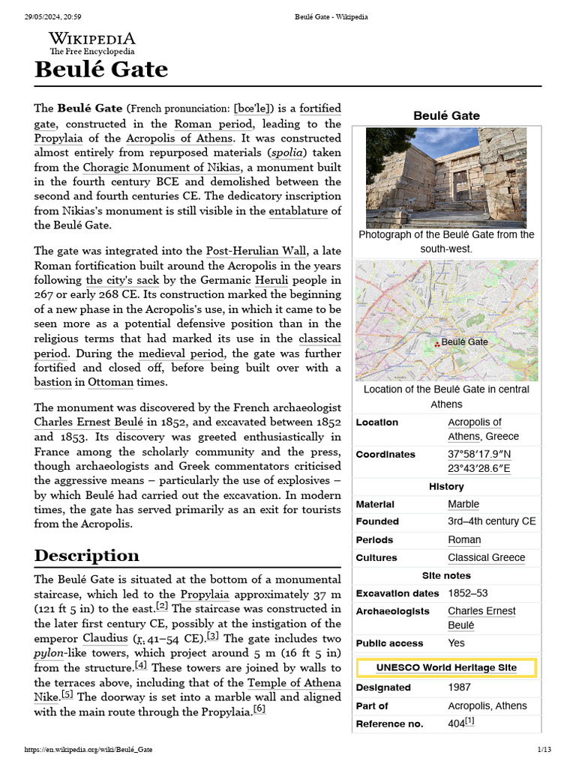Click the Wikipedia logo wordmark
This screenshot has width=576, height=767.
92,39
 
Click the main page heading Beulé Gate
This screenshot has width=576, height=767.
101,70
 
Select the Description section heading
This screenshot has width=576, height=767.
86,555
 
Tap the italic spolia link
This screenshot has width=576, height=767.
280,153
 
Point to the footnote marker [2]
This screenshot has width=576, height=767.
162,606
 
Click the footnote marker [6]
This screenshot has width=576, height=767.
259,709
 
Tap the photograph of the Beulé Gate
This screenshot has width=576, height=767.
445,178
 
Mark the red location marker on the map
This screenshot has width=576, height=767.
437,344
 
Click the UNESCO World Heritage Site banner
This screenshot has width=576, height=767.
446,667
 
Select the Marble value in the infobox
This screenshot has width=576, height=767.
463,504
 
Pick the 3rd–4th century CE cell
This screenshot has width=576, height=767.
491,521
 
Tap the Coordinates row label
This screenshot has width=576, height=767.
385,455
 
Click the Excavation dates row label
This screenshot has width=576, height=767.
397,593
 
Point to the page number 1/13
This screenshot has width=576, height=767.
544,750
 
